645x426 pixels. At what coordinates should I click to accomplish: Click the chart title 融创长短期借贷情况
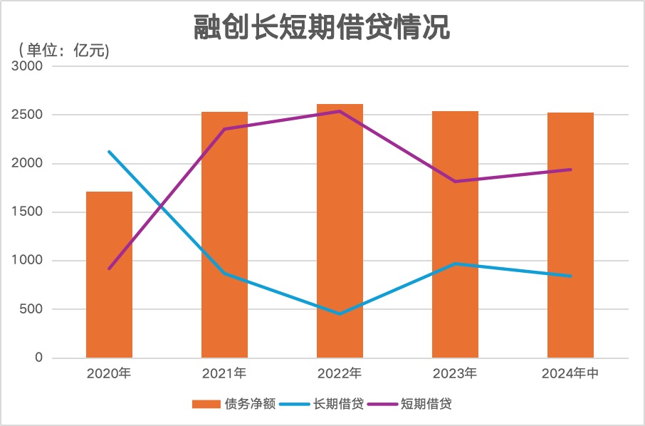(322, 29)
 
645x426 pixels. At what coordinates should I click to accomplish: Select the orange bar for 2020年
(109, 274)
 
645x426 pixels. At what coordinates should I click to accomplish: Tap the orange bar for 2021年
(224, 234)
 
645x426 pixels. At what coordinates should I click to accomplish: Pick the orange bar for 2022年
(340, 231)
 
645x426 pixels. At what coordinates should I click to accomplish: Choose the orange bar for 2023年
(455, 234)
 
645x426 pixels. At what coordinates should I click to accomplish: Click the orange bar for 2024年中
(570, 235)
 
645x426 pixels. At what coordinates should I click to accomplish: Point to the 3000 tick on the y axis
(28, 66)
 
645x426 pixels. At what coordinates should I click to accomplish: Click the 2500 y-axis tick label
(28, 115)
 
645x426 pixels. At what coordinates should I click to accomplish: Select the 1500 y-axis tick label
(28, 212)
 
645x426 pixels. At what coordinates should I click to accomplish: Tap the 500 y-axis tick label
(31, 309)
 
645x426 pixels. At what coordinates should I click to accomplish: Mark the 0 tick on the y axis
(39, 358)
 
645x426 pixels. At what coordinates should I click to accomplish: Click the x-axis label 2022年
(340, 373)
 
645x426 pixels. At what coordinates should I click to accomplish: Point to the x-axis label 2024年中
(570, 373)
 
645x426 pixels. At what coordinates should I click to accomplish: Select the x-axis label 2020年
(109, 373)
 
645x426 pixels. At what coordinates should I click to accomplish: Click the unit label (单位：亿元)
(64, 51)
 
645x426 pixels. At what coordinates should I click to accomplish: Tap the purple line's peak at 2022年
(340, 111)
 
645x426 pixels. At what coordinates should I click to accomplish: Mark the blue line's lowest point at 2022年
(340, 313)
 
